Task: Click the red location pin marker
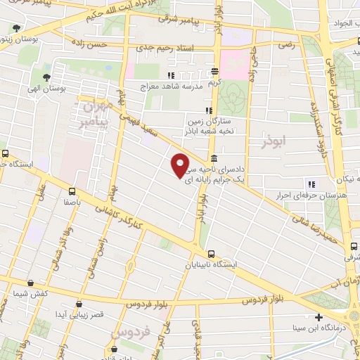[x=181, y=165]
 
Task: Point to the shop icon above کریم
[x=214, y=71]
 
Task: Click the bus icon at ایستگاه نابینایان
[x=211, y=254]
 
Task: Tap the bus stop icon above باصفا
[x=72, y=190]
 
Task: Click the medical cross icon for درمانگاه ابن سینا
[x=319, y=317]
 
